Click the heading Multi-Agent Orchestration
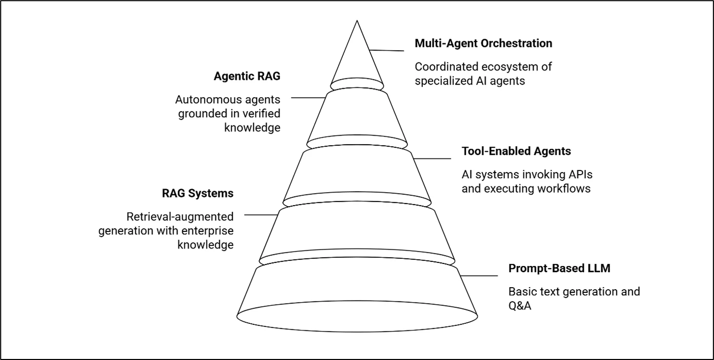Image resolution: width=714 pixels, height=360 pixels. [483, 43]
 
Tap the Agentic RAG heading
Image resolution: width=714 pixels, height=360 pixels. [247, 76]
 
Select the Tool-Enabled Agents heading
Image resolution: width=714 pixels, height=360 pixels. [516, 151]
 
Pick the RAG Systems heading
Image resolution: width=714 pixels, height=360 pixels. [198, 194]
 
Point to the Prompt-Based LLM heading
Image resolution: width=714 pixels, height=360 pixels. [559, 269]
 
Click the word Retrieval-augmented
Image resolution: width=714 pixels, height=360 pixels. [180, 216]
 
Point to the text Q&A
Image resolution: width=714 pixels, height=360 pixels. [520, 306]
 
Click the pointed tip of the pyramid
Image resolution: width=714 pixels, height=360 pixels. [357, 22]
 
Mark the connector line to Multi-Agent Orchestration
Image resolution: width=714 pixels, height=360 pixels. [387, 51]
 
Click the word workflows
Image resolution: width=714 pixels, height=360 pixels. [564, 189]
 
